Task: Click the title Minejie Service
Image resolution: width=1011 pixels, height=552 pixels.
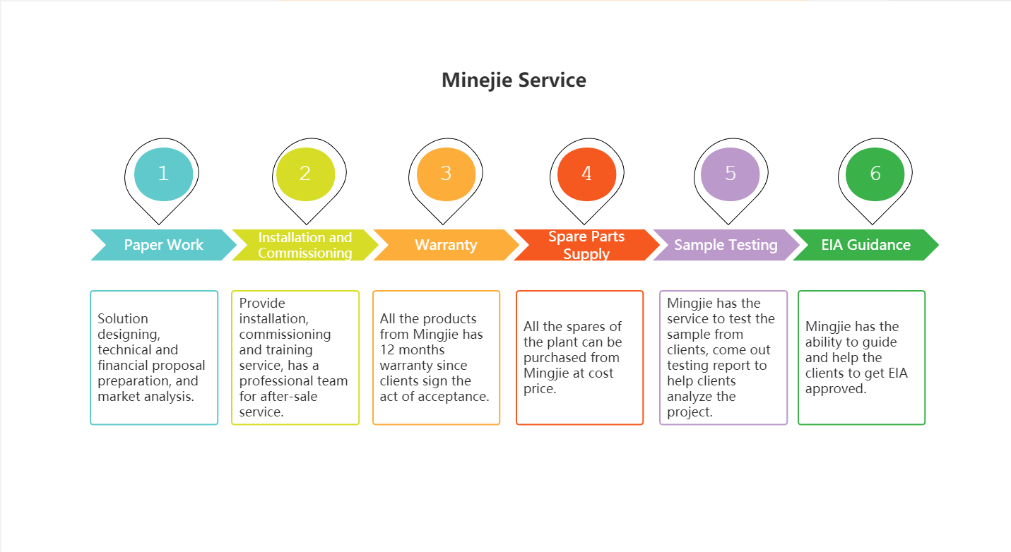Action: point(514,80)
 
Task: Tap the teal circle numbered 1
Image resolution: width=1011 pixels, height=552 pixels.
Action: point(163,174)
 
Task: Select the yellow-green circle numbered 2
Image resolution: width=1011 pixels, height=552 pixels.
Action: point(305,174)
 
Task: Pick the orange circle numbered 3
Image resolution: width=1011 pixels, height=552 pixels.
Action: point(446,174)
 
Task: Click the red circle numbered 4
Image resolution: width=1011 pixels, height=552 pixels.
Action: point(586,174)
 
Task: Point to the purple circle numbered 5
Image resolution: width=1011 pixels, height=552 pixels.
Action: point(731,174)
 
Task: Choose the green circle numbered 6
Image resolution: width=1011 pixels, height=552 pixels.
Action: point(875,174)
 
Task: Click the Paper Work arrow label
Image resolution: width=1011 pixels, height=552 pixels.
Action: point(163,245)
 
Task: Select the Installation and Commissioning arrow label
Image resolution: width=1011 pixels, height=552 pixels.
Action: point(305,245)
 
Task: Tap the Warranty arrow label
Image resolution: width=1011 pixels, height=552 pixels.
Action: point(446,245)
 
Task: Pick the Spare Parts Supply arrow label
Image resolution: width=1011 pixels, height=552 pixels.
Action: point(586,245)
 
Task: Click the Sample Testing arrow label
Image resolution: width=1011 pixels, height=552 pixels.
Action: point(726,245)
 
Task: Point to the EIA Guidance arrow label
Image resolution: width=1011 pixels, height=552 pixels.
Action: point(865,245)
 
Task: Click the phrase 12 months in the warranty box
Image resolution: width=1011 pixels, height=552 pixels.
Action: point(412,350)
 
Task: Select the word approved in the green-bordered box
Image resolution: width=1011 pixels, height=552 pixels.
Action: point(835,389)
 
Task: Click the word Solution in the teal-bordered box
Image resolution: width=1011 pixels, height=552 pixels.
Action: point(123,319)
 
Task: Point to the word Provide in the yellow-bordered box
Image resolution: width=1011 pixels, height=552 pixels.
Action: point(262,303)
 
